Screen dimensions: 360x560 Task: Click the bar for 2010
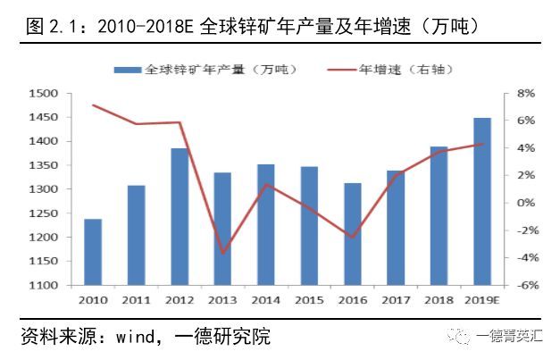(x=93, y=252)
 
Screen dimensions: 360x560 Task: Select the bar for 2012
(x=180, y=217)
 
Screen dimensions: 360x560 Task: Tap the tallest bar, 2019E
(x=482, y=202)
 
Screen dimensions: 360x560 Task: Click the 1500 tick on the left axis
(x=44, y=94)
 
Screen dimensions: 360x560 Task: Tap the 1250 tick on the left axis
(x=44, y=213)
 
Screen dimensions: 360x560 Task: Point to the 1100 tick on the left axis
(x=44, y=286)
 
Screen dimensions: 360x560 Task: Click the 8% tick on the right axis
(x=525, y=94)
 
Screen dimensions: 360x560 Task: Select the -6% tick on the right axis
(x=524, y=286)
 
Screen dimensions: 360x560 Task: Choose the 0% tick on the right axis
(x=525, y=204)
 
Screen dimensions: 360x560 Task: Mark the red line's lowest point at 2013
(x=222, y=253)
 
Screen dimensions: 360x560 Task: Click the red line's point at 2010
(x=93, y=105)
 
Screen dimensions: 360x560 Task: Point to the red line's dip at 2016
(x=353, y=238)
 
